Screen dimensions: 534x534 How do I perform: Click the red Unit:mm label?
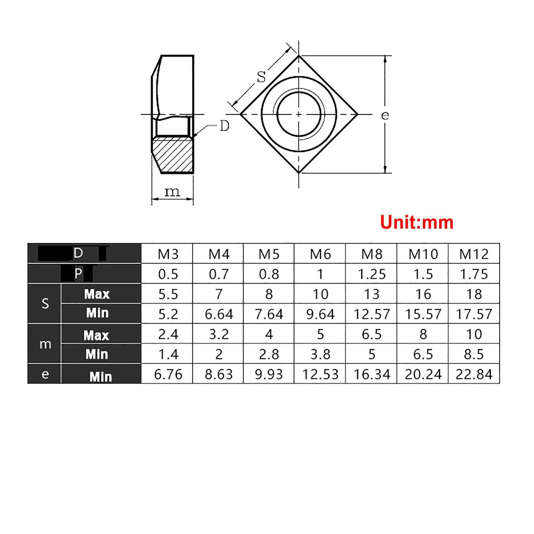tap(417, 222)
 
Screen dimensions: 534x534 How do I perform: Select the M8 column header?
tap(371, 254)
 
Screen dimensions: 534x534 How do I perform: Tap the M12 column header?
tap(474, 254)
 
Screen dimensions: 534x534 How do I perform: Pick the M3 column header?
tap(168, 254)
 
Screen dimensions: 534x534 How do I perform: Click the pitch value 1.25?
tap(371, 274)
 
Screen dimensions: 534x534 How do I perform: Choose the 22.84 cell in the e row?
tap(474, 374)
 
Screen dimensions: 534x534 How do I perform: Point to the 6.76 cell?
tap(168, 374)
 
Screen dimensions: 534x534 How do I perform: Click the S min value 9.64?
tap(320, 314)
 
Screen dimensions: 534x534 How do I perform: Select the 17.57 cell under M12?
tap(474, 314)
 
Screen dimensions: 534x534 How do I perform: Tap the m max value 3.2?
tap(219, 334)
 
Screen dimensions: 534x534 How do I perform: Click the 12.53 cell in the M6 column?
tap(320, 374)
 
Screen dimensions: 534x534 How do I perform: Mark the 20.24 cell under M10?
tap(423, 374)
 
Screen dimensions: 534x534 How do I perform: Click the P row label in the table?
tap(78, 274)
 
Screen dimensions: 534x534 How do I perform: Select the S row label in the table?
tap(45, 304)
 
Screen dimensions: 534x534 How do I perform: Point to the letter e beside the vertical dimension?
tap(385, 115)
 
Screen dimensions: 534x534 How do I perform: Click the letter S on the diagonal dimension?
tap(261, 77)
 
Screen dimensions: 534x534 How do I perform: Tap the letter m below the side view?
tap(172, 192)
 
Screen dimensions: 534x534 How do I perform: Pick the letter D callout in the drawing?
tap(225, 126)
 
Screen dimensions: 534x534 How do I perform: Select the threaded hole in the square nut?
tap(299, 114)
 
